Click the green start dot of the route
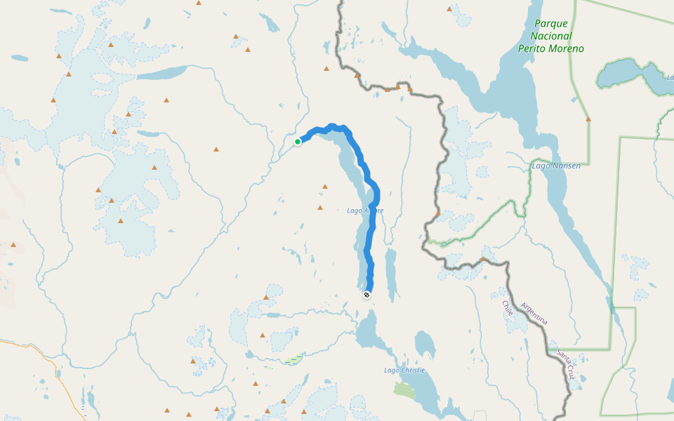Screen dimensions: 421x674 pyautogui.click(x=298, y=142)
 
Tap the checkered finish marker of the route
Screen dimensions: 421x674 pyautogui.click(x=366, y=295)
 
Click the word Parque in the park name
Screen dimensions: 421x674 pyautogui.click(x=551, y=23)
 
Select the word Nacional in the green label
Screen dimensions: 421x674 pyautogui.click(x=551, y=36)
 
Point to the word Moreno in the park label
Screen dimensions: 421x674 pyautogui.click(x=567, y=49)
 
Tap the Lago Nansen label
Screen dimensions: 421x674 pyautogui.click(x=556, y=166)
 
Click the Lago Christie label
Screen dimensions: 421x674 pyautogui.click(x=404, y=370)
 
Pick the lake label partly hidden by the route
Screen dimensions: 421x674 pyautogui.click(x=365, y=210)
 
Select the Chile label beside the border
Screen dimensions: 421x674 pyautogui.click(x=508, y=309)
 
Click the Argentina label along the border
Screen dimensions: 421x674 pyautogui.click(x=534, y=314)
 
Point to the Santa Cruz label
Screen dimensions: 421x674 pyautogui.click(x=567, y=364)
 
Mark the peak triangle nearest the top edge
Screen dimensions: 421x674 pyautogui.click(x=449, y=9)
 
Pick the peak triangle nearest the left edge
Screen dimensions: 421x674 pyautogui.click(x=13, y=245)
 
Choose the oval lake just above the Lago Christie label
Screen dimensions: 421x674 pyautogui.click(x=424, y=345)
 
